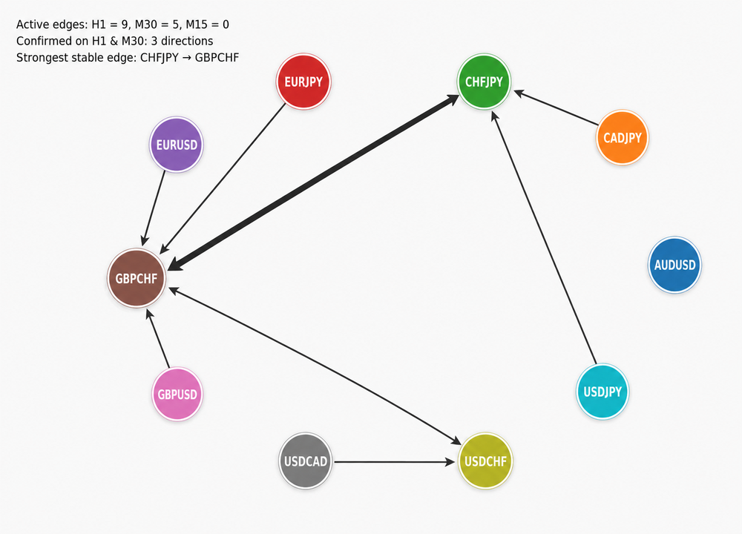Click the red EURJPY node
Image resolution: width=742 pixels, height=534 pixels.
(303, 82)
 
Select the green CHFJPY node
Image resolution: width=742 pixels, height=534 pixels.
(484, 82)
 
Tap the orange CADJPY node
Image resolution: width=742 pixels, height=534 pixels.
(623, 138)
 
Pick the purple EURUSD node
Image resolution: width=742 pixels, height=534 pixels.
(177, 145)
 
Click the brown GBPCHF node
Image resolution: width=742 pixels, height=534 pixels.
(137, 278)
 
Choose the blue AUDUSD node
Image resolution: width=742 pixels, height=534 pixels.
(674, 265)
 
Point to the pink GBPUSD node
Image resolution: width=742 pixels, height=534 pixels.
(177, 394)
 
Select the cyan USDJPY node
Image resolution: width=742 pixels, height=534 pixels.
(603, 392)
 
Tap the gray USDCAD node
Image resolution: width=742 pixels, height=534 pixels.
(305, 461)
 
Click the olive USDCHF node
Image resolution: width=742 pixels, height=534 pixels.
(485, 461)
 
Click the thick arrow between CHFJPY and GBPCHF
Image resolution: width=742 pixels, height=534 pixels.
(314, 182)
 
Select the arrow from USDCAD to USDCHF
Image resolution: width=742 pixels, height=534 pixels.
(394, 461)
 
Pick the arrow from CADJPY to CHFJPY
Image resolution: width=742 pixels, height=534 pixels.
(556, 108)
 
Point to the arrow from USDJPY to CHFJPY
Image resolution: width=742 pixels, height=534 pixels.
(544, 238)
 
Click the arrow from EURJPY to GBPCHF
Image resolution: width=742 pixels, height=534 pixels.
(223, 179)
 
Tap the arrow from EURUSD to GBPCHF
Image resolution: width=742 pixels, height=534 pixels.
(154, 208)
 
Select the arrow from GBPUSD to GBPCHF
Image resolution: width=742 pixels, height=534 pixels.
(157, 338)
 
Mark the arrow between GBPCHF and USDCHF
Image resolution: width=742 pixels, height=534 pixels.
(315, 366)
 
